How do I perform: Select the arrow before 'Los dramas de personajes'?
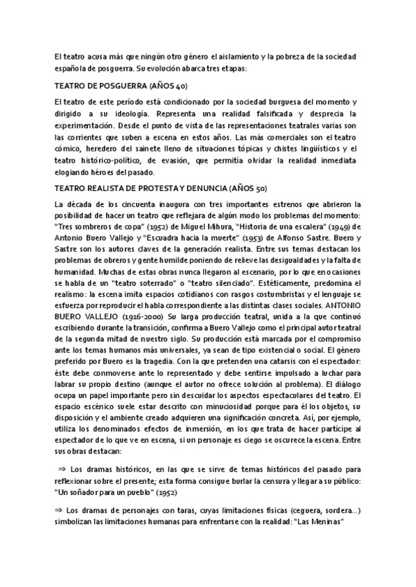(58, 510)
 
